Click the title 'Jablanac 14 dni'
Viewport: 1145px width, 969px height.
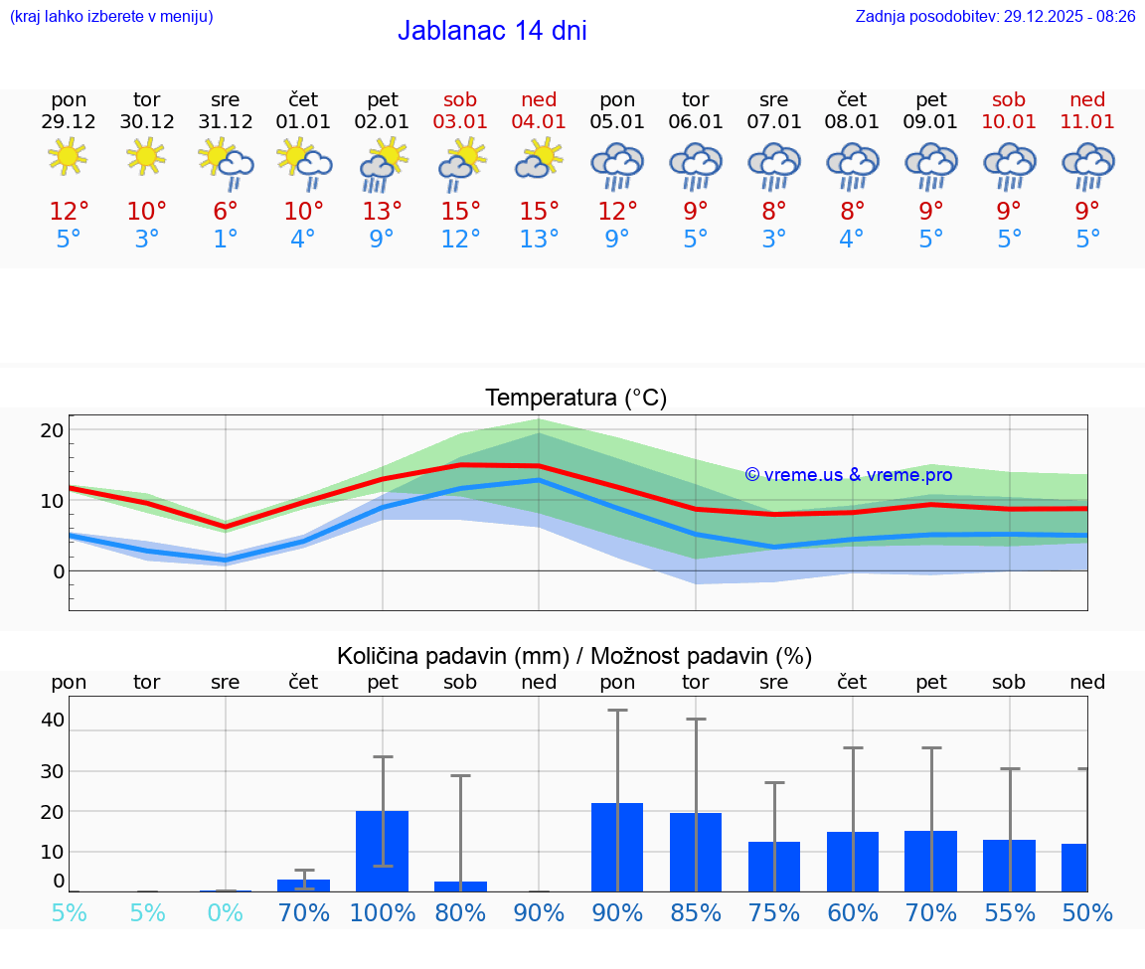tap(492, 31)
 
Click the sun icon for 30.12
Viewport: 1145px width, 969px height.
tap(146, 156)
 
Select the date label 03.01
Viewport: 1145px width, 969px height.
tap(460, 122)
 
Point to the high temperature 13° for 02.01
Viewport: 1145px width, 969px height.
tap(382, 212)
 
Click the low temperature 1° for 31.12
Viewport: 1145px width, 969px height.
tap(226, 240)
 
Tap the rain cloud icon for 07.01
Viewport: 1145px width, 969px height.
tap(774, 164)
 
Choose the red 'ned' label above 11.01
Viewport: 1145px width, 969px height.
tap(1087, 99)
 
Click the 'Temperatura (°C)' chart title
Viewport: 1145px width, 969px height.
tap(575, 399)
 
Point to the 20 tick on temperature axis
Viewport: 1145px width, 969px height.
tap(52, 430)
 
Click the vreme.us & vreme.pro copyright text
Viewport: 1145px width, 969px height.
tap(849, 475)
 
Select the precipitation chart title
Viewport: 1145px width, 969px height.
tap(574, 656)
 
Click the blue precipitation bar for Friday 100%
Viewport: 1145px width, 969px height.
tap(383, 852)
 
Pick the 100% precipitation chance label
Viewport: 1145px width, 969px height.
tap(383, 912)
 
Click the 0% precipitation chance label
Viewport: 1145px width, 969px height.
tap(226, 912)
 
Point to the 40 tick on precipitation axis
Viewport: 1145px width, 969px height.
tap(52, 720)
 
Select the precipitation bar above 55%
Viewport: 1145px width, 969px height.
tap(1009, 866)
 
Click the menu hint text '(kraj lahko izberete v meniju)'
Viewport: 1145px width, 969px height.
tap(111, 17)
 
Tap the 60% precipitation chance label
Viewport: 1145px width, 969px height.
tap(853, 912)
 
